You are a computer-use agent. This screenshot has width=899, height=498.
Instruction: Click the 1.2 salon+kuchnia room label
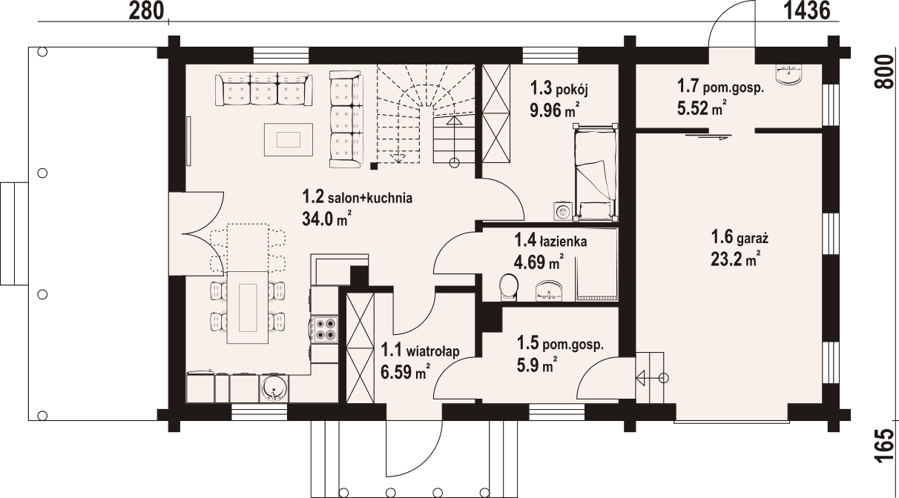358,197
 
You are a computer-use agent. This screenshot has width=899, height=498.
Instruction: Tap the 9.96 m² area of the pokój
554,110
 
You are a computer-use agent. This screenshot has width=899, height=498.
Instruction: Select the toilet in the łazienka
509,287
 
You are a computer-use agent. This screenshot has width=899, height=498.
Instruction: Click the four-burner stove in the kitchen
325,329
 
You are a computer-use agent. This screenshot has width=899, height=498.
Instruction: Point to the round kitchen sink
274,388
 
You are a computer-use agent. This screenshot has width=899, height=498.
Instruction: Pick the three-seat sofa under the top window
263,89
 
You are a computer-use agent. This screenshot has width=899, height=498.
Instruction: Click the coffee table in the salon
288,139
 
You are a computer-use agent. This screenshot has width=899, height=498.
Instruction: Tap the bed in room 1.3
595,172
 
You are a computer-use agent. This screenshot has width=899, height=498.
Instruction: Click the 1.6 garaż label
740,237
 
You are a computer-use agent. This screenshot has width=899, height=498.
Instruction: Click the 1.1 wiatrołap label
420,351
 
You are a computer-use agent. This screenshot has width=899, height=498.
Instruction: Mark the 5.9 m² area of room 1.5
536,365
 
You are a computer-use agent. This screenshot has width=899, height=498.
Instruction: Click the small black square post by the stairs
374,165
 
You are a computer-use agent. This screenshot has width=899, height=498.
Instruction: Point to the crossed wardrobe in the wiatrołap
360,348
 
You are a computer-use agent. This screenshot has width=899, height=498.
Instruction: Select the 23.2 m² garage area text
736,259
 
